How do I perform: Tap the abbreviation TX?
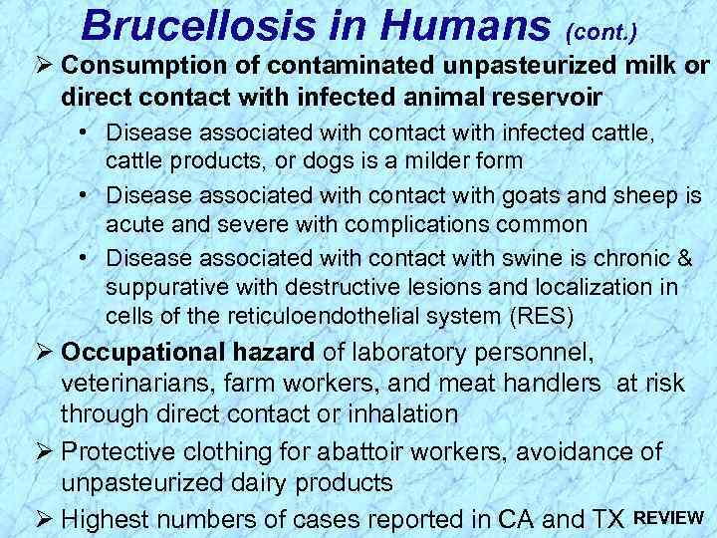click(x=606, y=518)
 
